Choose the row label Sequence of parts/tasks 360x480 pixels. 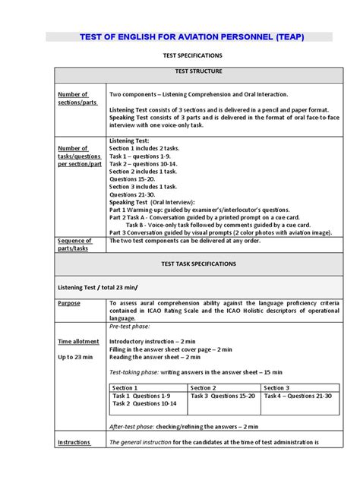[74, 244]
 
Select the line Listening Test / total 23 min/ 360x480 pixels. [99, 288]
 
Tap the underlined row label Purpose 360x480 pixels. [69, 302]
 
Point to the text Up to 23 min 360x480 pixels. [76, 356]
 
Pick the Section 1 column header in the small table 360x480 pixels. [126, 387]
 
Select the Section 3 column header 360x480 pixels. [277, 387]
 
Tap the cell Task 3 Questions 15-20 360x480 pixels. [223, 396]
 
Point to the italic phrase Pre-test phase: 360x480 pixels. [131, 325]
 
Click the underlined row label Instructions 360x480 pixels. [74, 442]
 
